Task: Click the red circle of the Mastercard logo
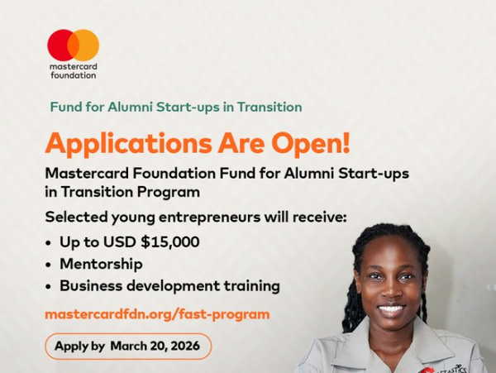pyautogui.click(x=60, y=45)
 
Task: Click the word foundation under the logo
pyautogui.click(x=73, y=75)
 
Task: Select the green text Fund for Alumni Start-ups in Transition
pyautogui.click(x=175, y=108)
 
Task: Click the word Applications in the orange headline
pyautogui.click(x=126, y=144)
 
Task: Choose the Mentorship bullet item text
pyautogui.click(x=101, y=264)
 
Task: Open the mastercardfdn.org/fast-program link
pyautogui.click(x=157, y=314)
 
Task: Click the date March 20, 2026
pyautogui.click(x=156, y=346)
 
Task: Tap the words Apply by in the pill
pyautogui.click(x=80, y=346)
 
